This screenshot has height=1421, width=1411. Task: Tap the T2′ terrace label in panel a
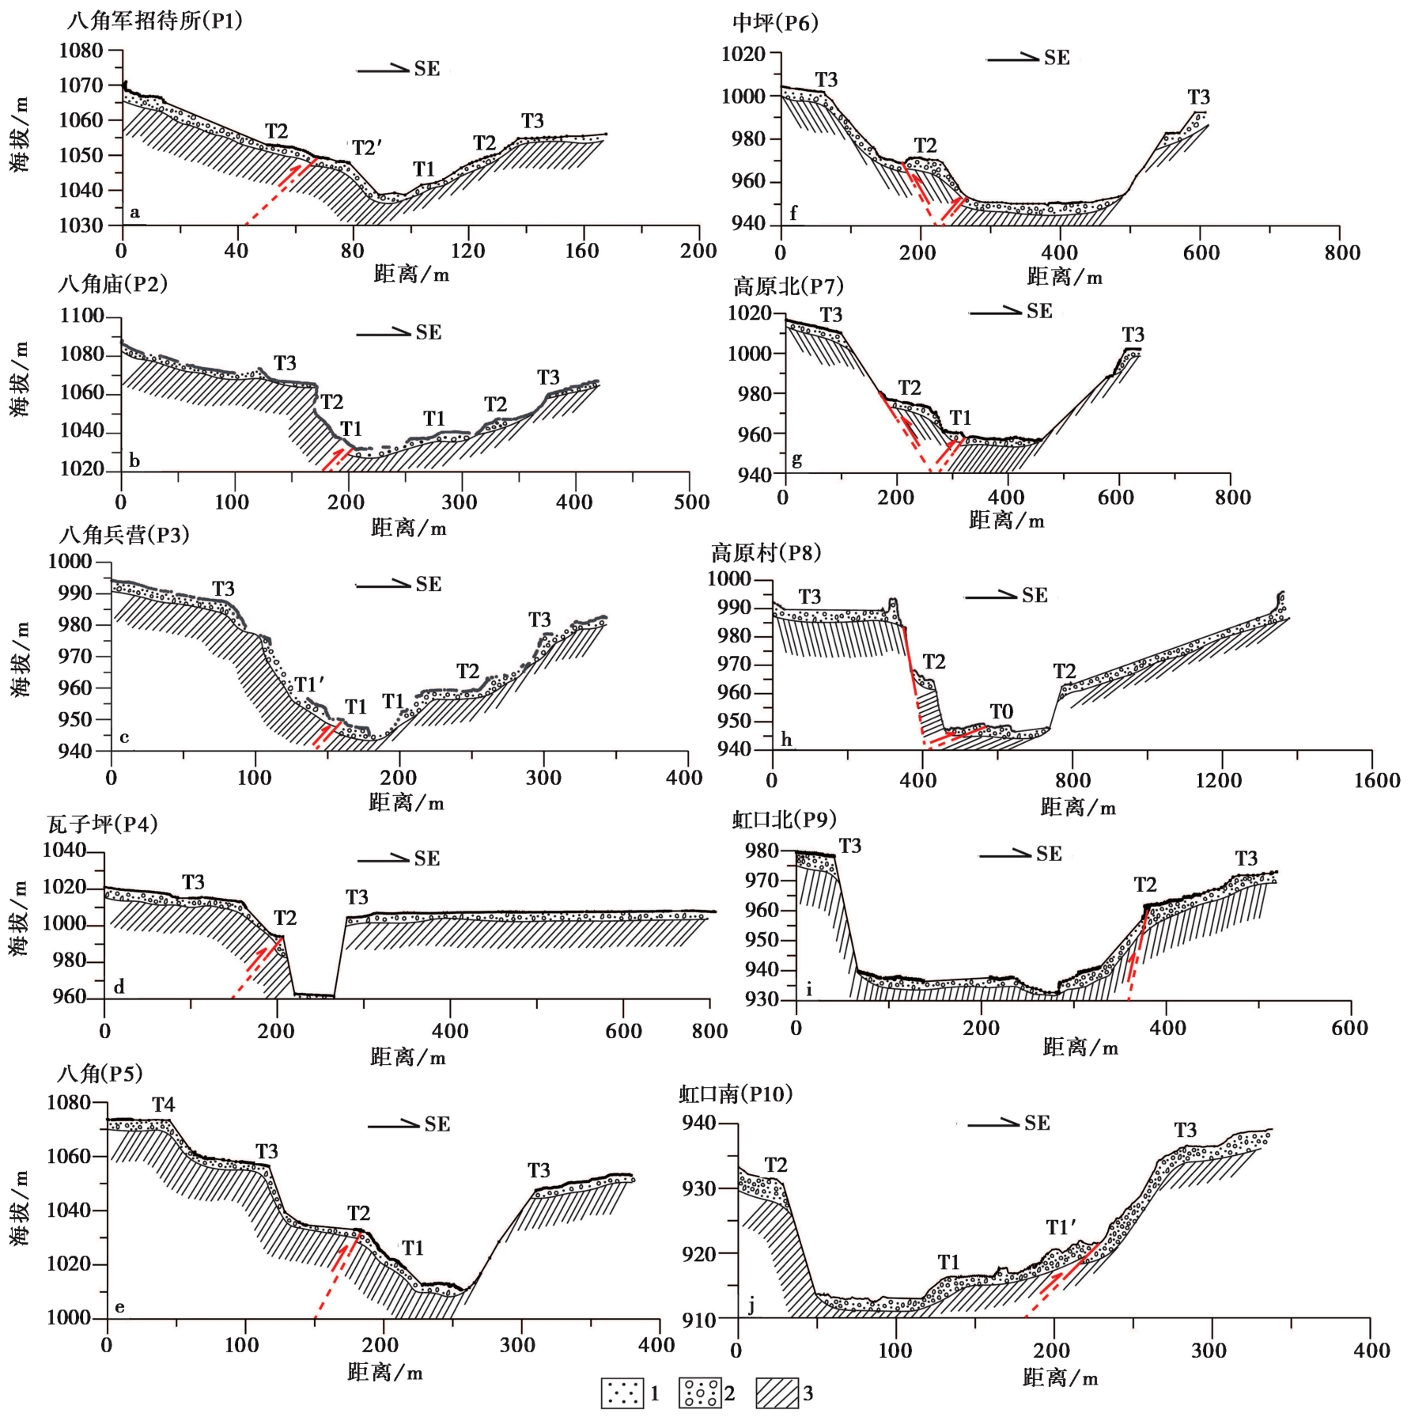click(367, 148)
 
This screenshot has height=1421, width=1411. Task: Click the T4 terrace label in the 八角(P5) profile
click(163, 1105)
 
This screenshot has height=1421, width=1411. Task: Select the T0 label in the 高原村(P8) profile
click(1001, 711)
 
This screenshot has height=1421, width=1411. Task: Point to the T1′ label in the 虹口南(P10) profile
click(1061, 1227)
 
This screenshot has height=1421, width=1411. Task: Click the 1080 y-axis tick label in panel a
click(81, 51)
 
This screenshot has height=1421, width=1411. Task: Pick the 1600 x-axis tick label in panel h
click(1376, 780)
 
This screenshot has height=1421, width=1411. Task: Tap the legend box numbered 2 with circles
click(700, 1393)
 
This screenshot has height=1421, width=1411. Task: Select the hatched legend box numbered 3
click(777, 1393)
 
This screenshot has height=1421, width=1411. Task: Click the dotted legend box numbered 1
click(622, 1393)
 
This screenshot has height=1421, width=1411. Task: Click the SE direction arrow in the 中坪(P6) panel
click(1012, 57)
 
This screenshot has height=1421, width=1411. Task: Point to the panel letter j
click(751, 1306)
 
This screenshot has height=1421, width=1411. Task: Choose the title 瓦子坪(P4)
click(103, 824)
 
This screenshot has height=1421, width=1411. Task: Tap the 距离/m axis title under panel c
click(407, 803)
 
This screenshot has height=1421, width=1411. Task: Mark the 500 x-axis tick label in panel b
click(691, 502)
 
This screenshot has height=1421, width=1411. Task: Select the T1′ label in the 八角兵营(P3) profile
click(309, 684)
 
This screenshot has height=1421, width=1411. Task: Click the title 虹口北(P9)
click(784, 820)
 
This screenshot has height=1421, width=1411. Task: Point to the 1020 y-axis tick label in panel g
click(749, 313)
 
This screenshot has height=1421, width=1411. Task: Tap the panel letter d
click(119, 987)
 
